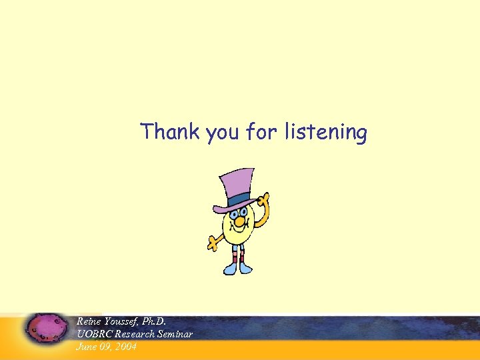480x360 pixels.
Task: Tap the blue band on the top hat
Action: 239,199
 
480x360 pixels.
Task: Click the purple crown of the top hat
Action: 236,183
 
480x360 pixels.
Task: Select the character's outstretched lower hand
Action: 213,243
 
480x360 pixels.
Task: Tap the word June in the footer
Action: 87,346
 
